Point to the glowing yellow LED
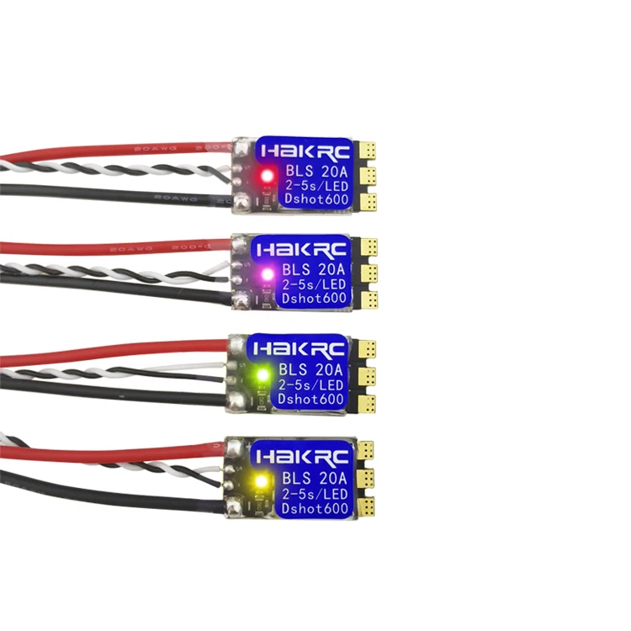[260, 482]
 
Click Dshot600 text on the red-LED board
[313, 202]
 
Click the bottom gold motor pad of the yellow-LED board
[364, 507]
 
